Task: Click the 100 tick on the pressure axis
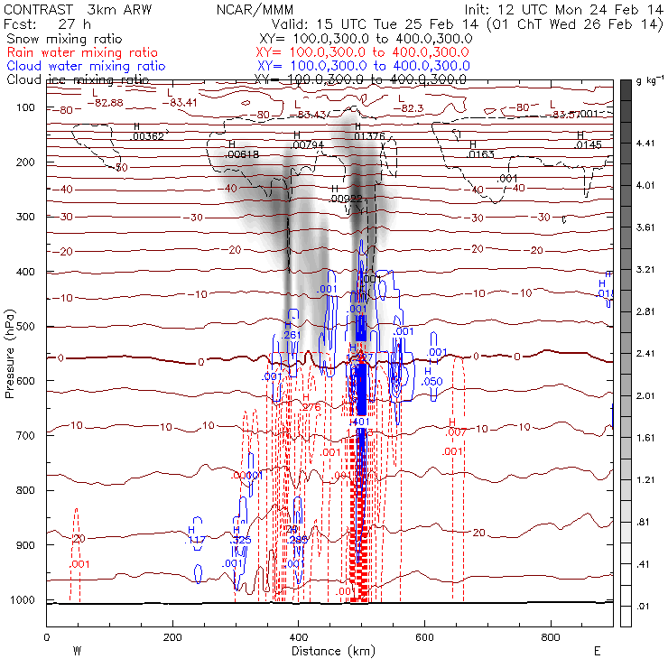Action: point(29,107)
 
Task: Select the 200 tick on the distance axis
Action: point(172,637)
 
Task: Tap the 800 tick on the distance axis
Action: point(552,637)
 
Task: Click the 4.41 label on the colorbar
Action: point(645,143)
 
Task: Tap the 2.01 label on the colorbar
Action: point(645,395)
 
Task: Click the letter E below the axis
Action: point(597,650)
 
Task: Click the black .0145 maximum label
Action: point(588,144)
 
